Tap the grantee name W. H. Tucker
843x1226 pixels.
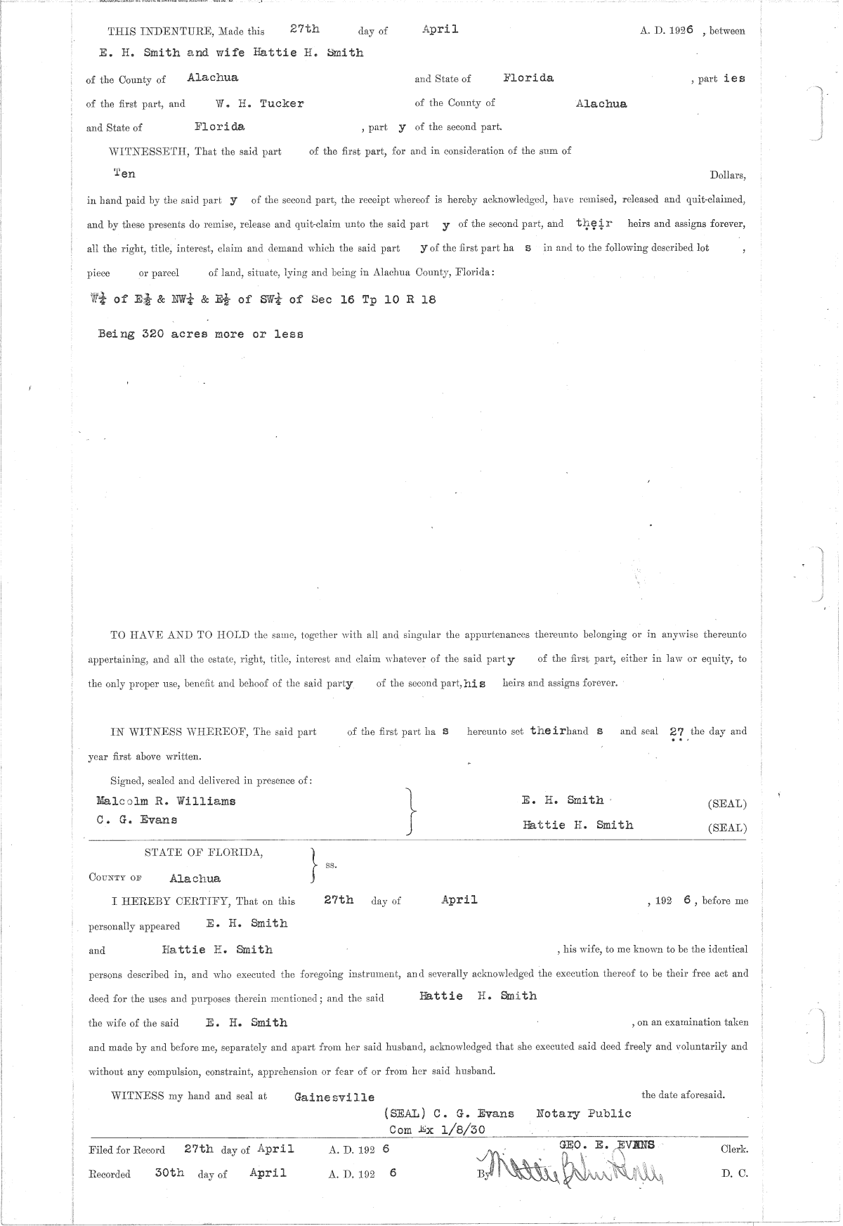point(260,103)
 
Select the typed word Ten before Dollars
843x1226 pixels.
point(124,174)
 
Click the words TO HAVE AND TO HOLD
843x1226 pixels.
point(180,634)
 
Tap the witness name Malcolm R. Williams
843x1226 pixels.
point(166,801)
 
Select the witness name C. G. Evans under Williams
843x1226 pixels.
point(136,820)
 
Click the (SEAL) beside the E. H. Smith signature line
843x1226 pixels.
point(727,804)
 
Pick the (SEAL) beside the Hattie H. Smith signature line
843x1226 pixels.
point(727,828)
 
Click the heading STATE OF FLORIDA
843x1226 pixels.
point(204,853)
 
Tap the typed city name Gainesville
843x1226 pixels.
point(334,1097)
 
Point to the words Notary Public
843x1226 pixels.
point(583,1113)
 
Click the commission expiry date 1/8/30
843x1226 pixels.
point(462,1129)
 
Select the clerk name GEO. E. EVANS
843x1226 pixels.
point(606,1145)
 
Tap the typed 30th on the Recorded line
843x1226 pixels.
point(169,1173)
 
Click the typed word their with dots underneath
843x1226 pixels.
point(594,223)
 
